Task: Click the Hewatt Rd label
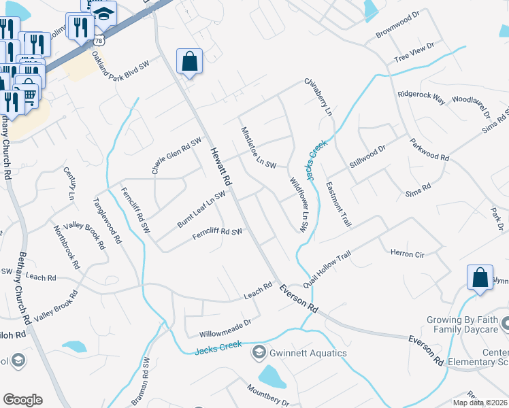coord(221,167)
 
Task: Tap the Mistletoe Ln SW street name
coord(258,147)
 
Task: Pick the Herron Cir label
coord(408,254)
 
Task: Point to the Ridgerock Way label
coord(421,98)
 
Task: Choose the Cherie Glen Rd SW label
coord(177,156)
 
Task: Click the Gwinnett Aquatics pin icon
coord(259,352)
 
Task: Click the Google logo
coord(22,400)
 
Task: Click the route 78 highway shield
coord(99,41)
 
